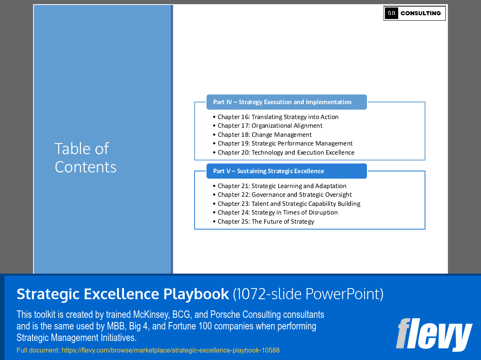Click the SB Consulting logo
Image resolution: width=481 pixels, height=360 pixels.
(x=414, y=13)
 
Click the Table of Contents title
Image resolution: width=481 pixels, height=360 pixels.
(x=86, y=158)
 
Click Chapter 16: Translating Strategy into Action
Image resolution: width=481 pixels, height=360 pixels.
(x=278, y=117)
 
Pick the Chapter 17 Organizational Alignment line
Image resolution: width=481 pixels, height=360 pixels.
(x=270, y=126)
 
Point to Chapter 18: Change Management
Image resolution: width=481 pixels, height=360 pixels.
(x=264, y=135)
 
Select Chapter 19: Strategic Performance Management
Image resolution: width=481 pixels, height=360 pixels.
(x=285, y=143)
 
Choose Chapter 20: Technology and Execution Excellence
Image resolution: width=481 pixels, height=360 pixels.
(x=286, y=153)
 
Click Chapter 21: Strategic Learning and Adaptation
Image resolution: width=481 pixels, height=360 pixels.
(x=282, y=186)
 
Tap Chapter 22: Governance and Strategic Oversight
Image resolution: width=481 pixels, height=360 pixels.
(x=285, y=195)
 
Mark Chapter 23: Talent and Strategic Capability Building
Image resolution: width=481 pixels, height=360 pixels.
(x=289, y=204)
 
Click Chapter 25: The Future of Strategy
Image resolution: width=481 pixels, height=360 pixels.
(x=266, y=222)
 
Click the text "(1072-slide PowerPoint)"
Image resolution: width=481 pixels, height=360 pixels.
(x=308, y=294)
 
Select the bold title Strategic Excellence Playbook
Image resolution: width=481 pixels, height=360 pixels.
(x=123, y=294)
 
